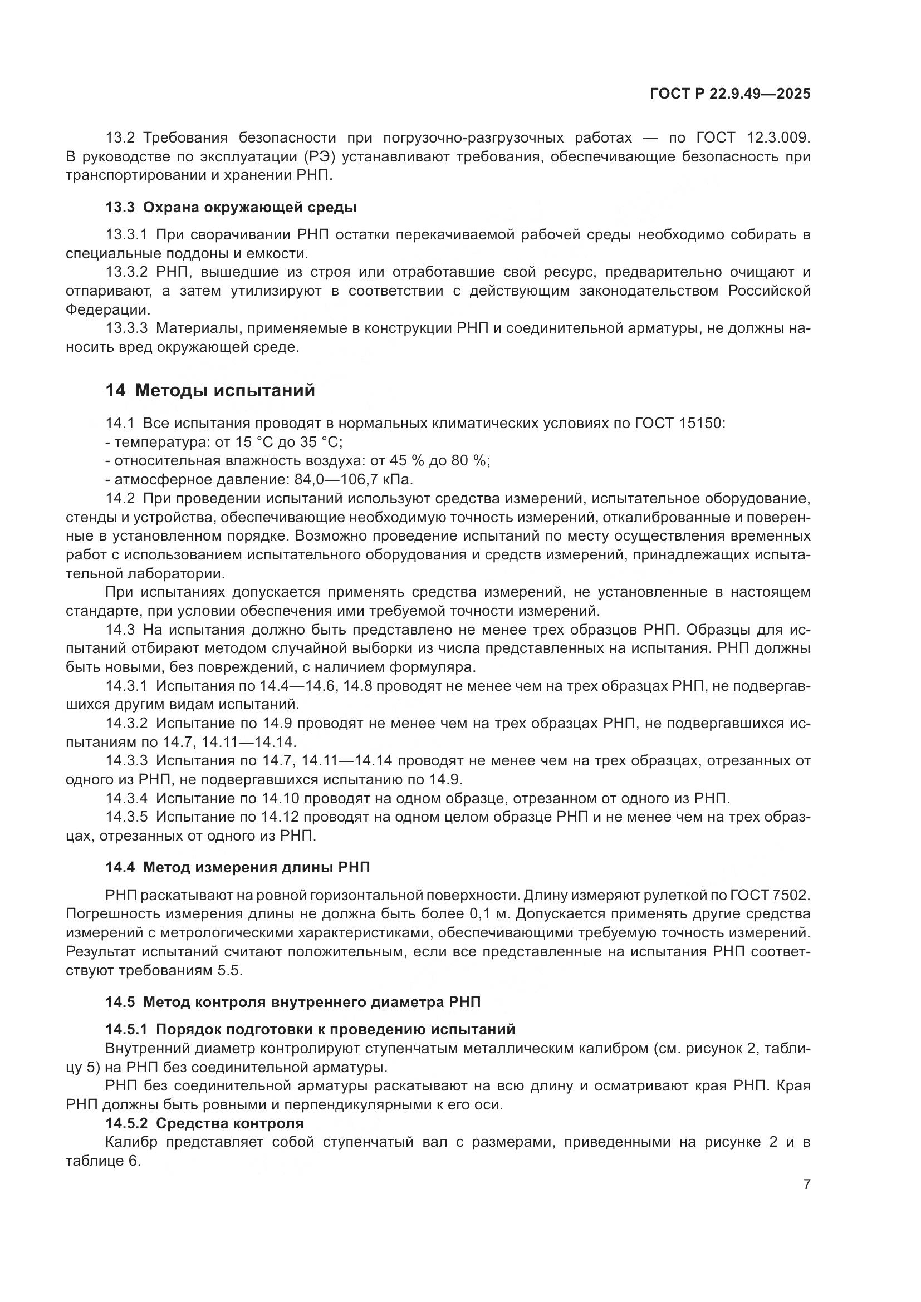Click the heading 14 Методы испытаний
pos(210,391)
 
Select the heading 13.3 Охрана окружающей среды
pos(231,208)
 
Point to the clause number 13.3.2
pos(126,272)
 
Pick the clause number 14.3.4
pos(126,798)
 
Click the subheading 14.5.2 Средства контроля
pos(204,1123)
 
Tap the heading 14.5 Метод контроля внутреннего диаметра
pos(293,1002)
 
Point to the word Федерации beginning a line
pos(109,309)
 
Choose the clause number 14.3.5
pos(126,817)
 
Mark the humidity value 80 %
pos(469,460)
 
